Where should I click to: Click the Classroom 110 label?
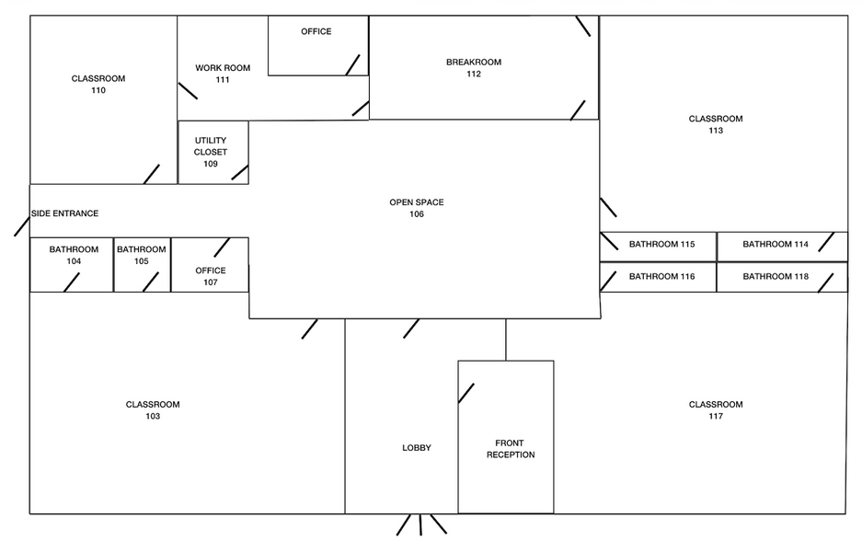pos(98,85)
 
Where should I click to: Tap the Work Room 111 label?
pos(223,74)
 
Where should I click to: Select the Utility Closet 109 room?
pos(211,152)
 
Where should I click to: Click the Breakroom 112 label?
pos(474,68)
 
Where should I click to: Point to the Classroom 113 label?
pos(716,124)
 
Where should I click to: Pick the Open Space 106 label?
pos(417,208)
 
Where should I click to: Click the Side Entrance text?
pos(64,213)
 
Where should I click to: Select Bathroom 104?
pos(74,255)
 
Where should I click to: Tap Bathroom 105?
pos(141,255)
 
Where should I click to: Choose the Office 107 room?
pos(211,276)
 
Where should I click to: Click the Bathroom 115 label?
pos(661,245)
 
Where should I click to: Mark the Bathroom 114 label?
pos(775,245)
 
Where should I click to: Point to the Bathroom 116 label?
pos(661,277)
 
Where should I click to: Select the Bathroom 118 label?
pos(775,277)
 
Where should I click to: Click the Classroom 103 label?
pos(153,410)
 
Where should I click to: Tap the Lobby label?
pos(417,448)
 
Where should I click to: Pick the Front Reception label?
pos(511,449)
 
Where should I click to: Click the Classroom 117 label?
pos(716,410)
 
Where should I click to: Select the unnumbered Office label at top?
pos(316,32)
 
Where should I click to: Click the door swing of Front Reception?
pos(466,393)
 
